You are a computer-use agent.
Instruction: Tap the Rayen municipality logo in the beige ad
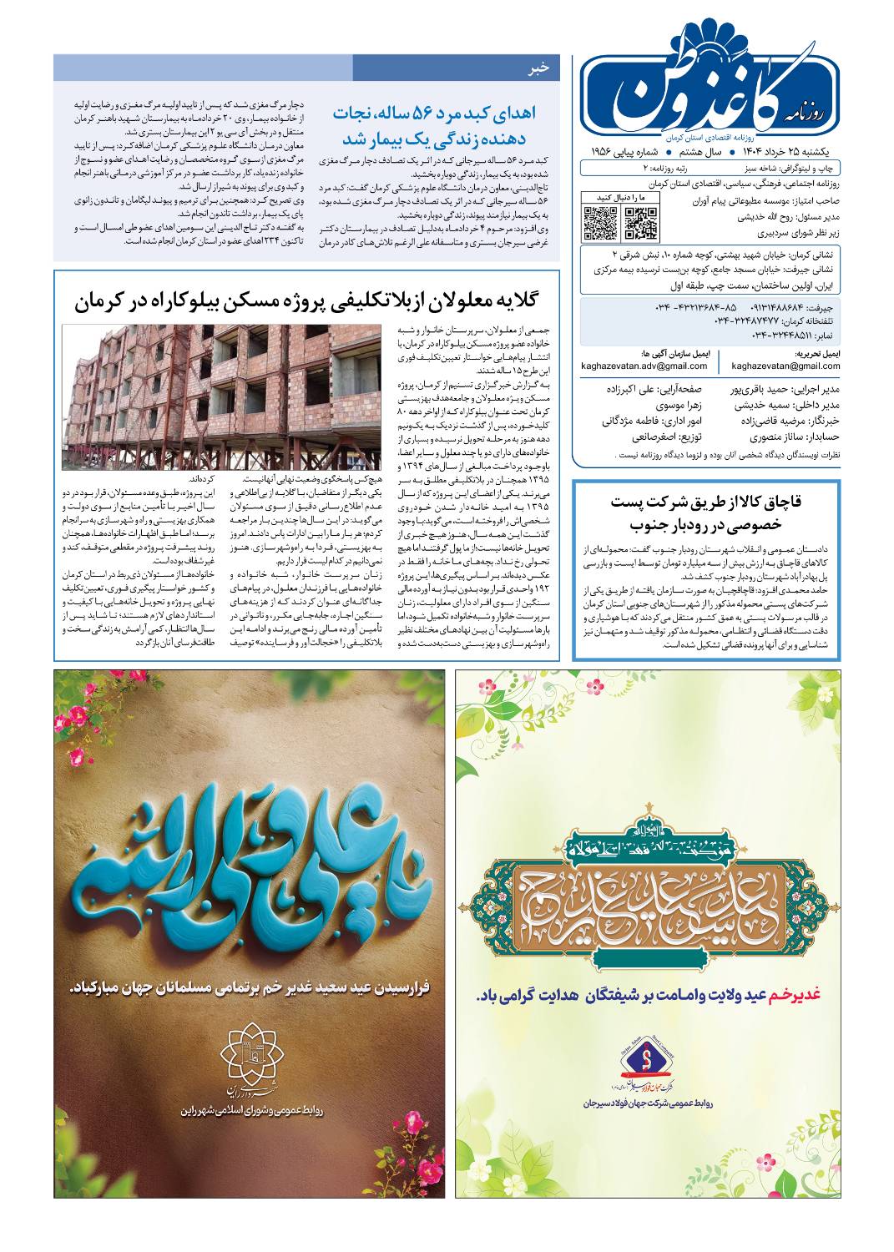(x=252, y=1053)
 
